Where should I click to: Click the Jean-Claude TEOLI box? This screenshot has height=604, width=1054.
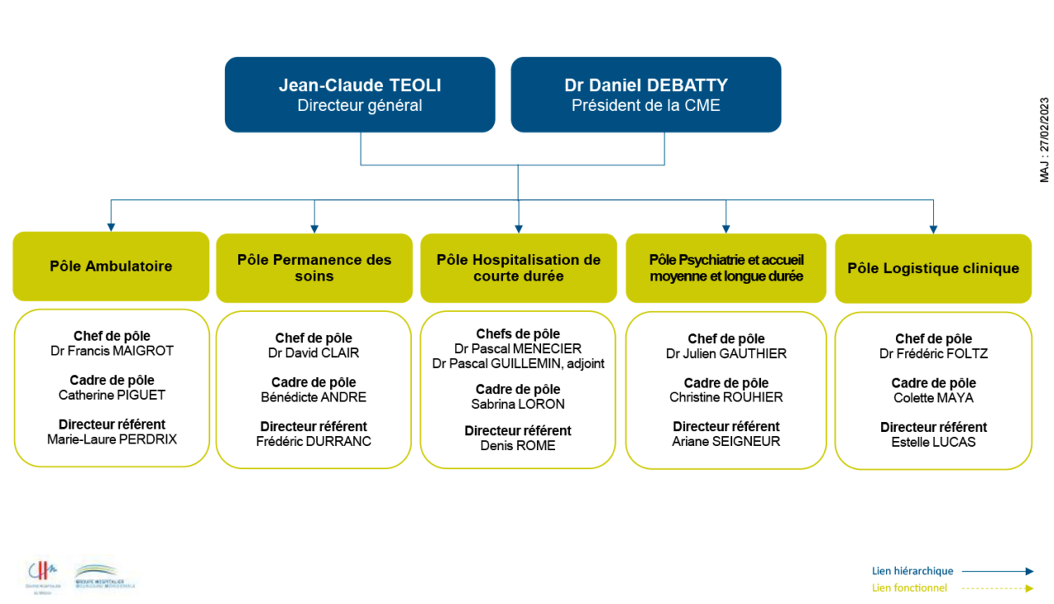360,95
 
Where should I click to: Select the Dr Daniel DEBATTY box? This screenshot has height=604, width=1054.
646,95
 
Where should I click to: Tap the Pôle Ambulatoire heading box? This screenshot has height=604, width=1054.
111,267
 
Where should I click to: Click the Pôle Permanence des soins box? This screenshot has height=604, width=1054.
314,267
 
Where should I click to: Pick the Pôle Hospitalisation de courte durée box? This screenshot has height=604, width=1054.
518,267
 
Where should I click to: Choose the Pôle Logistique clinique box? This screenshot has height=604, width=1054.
933,268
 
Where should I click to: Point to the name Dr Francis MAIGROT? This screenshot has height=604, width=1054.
112,351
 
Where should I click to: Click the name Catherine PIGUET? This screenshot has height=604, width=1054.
112,396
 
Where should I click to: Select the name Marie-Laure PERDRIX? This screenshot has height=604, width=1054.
112,439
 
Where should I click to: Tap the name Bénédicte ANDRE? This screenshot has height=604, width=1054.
314,397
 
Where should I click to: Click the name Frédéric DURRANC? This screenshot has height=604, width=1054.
314,442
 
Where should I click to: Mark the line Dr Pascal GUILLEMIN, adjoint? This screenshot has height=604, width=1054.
518,364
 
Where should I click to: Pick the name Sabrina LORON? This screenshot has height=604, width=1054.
518,404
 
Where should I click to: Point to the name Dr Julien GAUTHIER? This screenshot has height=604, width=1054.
726,354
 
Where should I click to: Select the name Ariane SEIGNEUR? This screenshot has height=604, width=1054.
726,442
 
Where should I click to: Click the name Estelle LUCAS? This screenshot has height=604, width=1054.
933,443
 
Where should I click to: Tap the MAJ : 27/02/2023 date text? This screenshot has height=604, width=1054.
1044,140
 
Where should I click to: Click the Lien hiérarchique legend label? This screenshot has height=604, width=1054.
912,571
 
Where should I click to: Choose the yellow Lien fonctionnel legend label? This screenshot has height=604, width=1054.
909,588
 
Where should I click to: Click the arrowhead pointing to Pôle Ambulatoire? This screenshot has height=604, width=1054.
111,227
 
